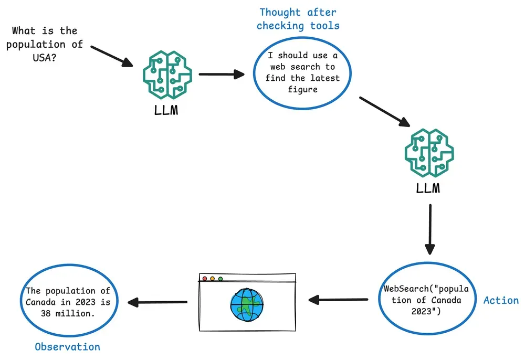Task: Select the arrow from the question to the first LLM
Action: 112,56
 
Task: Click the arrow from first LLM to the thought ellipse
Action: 222,74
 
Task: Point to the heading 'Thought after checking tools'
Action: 298,19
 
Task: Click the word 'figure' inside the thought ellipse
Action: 302,89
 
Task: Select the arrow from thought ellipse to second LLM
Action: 384,112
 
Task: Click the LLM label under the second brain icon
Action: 428,187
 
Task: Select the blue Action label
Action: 501,301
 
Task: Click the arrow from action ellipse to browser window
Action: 338,300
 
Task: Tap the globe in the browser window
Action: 247,304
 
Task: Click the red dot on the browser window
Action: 205,279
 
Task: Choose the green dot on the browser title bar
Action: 220,279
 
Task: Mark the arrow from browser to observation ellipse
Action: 158,302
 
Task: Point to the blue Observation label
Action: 67,347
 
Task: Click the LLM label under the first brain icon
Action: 166,111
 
